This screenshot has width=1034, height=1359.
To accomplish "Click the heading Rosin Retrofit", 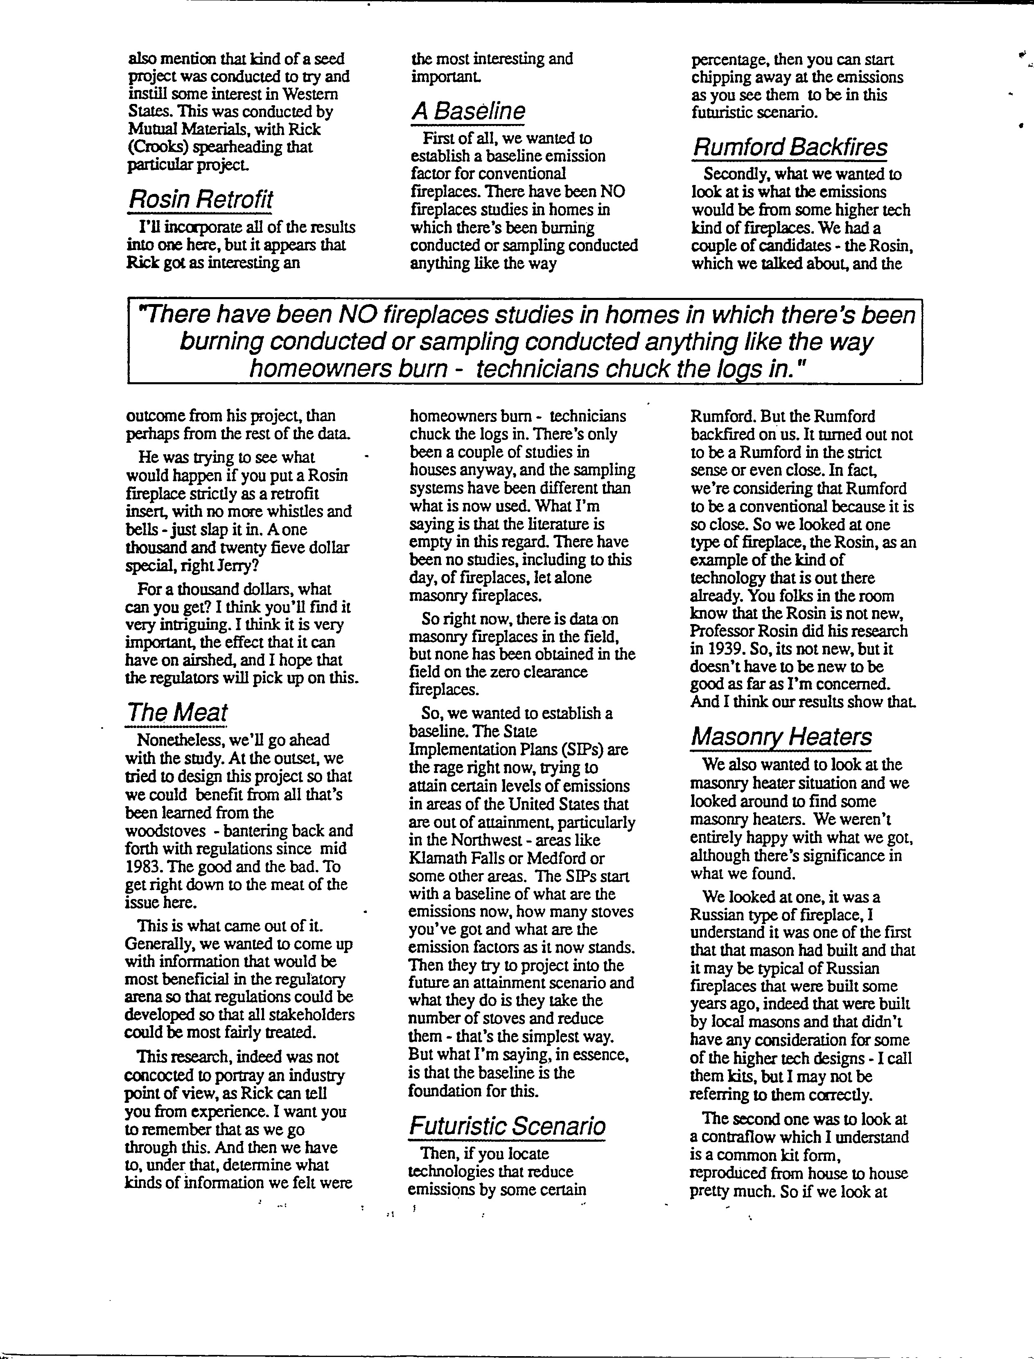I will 200,200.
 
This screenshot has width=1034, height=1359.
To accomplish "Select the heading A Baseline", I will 468,111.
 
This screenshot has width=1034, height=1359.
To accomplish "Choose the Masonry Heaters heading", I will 781,737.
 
